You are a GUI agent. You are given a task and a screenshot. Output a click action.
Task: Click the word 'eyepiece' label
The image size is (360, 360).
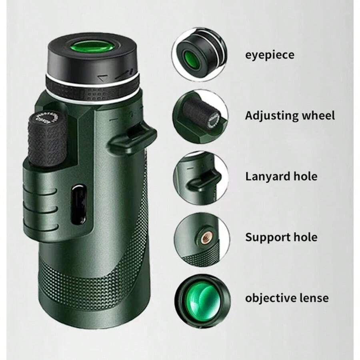[x=269, y=55]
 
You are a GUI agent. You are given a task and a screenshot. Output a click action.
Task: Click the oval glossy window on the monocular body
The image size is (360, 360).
[x=79, y=204]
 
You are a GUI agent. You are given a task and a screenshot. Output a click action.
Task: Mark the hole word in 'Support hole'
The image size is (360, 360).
[x=306, y=237]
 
